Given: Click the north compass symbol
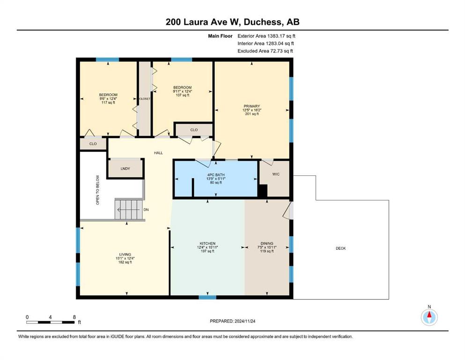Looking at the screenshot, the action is [x=429, y=317].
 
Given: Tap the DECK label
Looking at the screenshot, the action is [x=341, y=248].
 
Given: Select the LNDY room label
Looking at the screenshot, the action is [x=125, y=169].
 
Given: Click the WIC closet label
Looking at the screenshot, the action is [x=276, y=174].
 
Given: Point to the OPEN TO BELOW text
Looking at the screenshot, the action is [x=97, y=190].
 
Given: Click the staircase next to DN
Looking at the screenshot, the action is [x=129, y=210].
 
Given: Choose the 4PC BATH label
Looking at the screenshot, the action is [x=216, y=175].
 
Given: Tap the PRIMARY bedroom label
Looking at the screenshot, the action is [x=252, y=106].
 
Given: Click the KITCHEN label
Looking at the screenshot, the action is [x=207, y=243].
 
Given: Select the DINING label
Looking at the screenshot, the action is [x=267, y=243].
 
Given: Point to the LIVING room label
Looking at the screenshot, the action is [x=125, y=255].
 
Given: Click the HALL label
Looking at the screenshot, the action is [x=158, y=153].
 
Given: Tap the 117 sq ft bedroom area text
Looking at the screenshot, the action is [x=108, y=102].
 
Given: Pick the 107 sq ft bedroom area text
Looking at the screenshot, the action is [x=182, y=95].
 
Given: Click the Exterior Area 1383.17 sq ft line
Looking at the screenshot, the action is [x=266, y=36].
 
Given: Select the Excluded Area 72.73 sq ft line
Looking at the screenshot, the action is [x=265, y=51].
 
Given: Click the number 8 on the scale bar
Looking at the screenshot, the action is [x=74, y=317].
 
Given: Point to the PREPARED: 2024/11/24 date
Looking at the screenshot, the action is [x=232, y=321].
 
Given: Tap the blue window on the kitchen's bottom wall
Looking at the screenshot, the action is [x=207, y=297].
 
